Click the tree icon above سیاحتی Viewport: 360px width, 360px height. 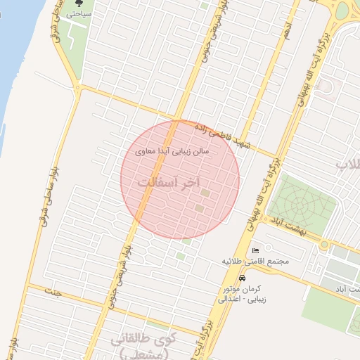[79, 4]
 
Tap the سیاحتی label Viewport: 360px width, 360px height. [78, 13]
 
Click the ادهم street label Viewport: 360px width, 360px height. [286, 27]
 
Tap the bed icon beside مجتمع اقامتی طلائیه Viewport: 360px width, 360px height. [255, 250]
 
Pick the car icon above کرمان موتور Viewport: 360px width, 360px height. [243, 278]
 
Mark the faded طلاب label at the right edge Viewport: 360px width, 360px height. [348, 165]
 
